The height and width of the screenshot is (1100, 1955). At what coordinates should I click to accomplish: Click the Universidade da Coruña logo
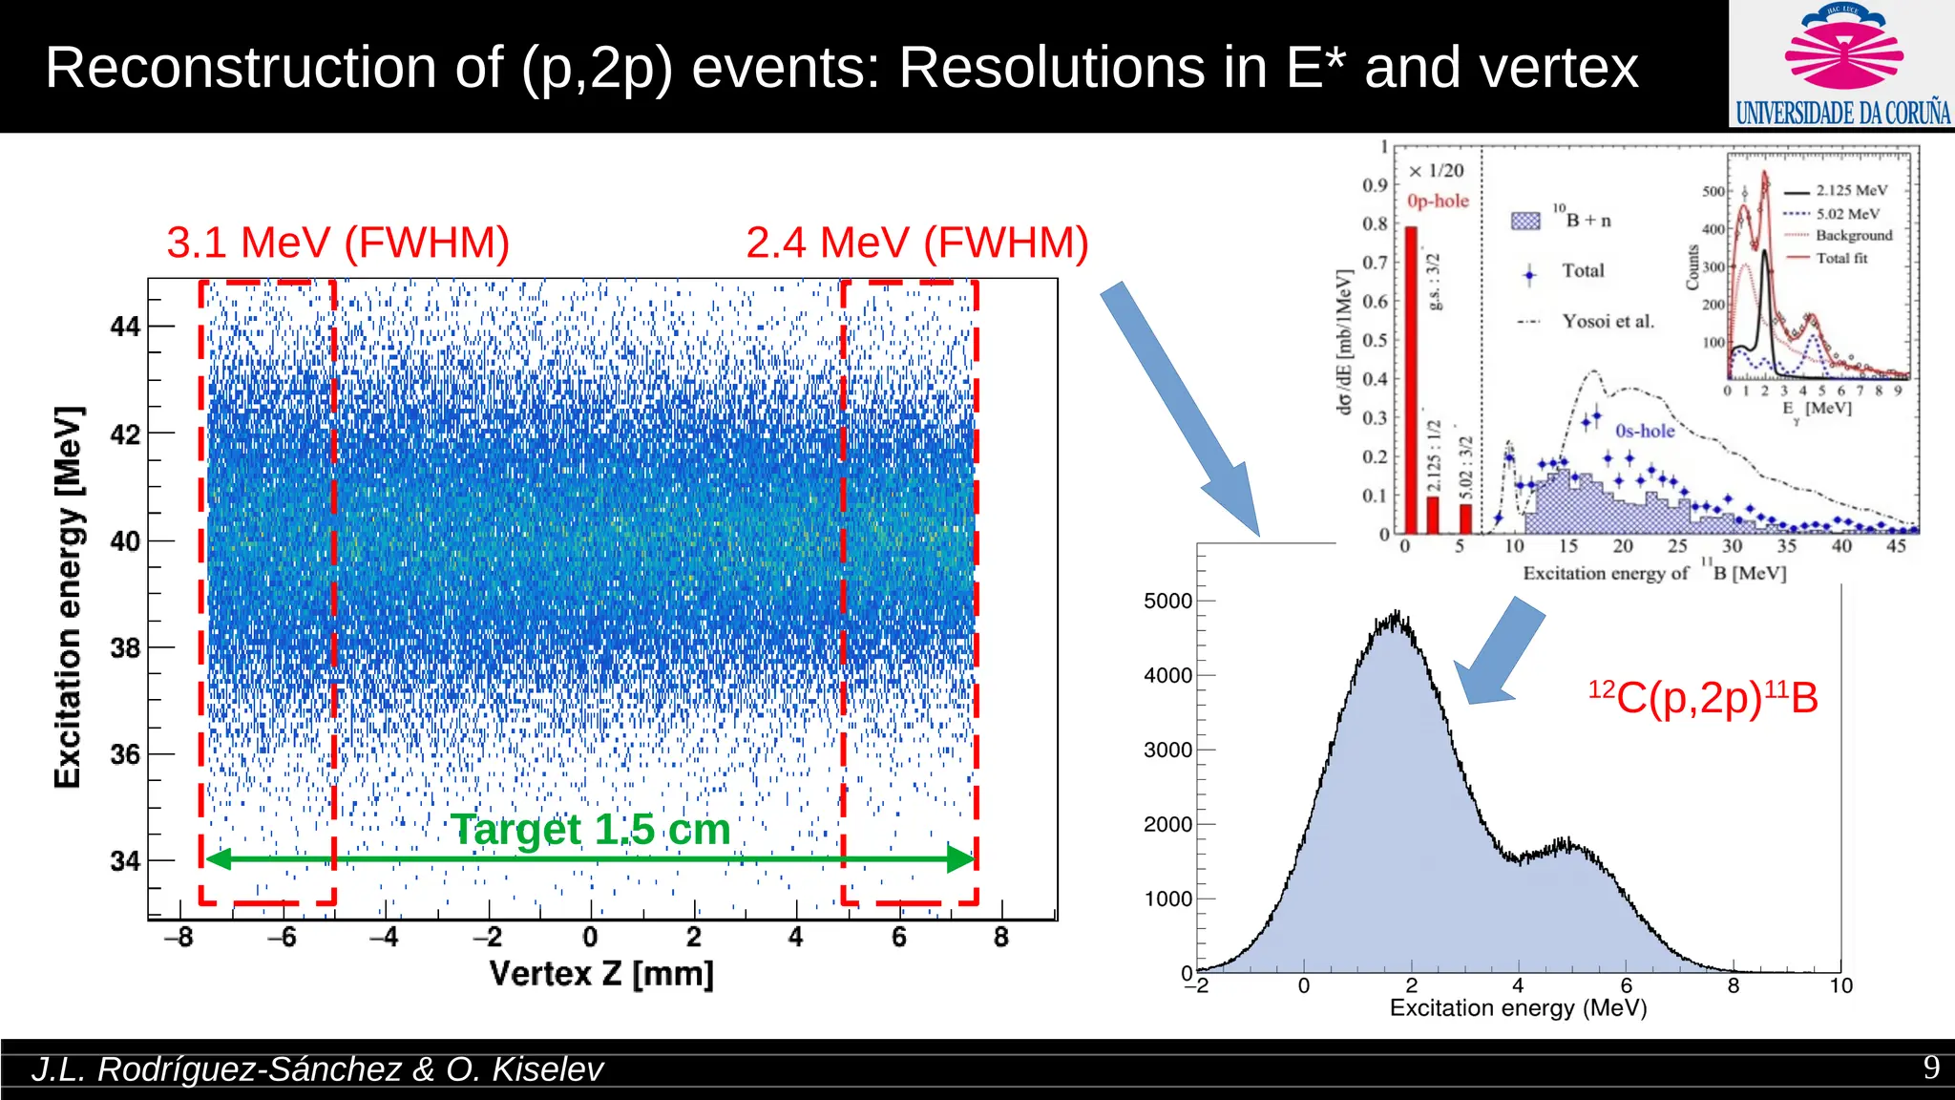coord(1842,65)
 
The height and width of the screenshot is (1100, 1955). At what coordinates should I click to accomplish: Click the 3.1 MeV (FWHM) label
coord(338,243)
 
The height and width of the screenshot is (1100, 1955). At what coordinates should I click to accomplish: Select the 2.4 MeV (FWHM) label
coord(916,243)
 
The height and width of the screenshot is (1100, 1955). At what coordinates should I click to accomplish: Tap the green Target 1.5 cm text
coord(590,829)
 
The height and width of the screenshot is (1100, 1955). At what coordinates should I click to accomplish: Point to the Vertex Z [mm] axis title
coord(601,974)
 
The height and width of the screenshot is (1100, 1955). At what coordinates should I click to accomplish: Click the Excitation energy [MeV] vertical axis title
coord(68,597)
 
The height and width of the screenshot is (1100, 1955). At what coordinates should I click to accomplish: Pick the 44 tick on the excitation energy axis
coord(125,327)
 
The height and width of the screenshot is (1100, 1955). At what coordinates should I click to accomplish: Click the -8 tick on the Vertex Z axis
coord(179,937)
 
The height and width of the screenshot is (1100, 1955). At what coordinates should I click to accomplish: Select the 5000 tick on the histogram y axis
coord(1167,601)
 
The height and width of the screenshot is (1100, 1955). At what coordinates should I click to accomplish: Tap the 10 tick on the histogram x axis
coord(1840,986)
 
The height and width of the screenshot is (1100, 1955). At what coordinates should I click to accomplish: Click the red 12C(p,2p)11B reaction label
coord(1703,697)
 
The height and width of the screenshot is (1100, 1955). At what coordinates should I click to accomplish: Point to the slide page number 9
coord(1930,1068)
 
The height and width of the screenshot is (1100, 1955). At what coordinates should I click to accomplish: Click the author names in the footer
coord(317,1069)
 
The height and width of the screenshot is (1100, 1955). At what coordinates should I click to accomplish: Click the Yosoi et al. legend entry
coord(1607,321)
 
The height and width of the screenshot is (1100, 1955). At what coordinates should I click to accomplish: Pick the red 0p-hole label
coord(1438,201)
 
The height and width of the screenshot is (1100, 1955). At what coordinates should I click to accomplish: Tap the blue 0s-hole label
coord(1645,431)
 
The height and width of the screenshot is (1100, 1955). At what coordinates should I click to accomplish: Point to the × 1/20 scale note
coord(1437,170)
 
